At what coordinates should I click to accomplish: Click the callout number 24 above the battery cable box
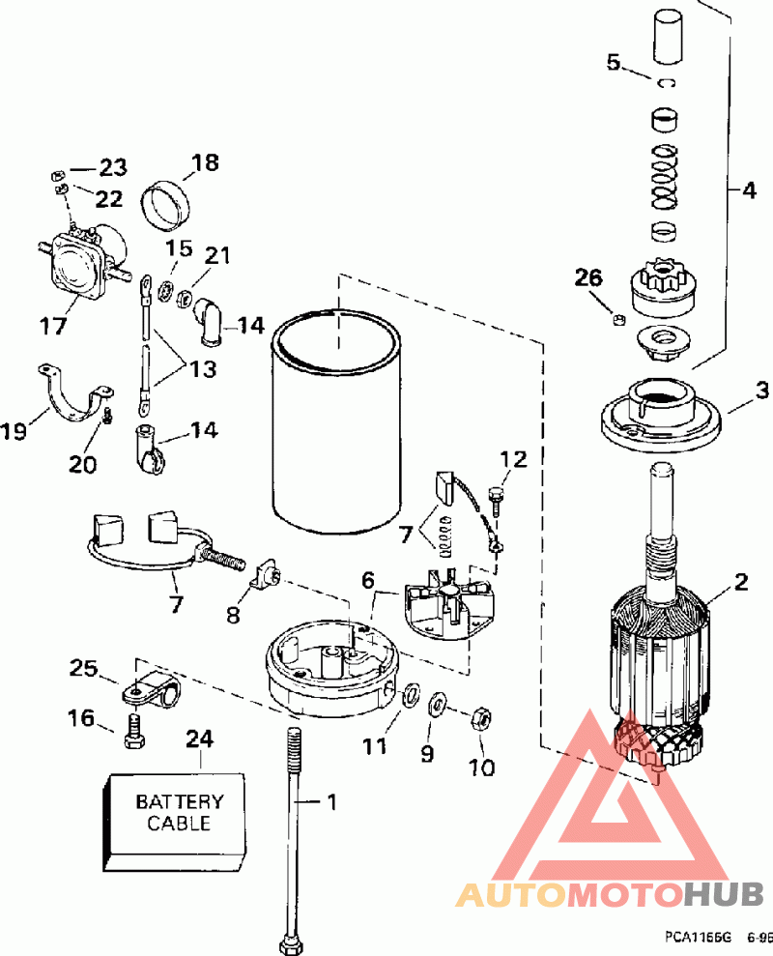tap(200, 739)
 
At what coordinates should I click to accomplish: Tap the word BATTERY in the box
tap(180, 800)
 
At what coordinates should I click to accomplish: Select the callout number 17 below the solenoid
tap(52, 326)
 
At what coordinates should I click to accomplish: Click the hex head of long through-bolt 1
tap(290, 944)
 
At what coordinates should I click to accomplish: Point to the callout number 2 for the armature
tap(740, 581)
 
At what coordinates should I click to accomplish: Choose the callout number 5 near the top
tap(614, 62)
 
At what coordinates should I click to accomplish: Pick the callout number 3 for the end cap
tap(762, 391)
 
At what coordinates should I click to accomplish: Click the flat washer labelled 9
tap(438, 706)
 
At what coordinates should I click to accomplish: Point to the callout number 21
tap(217, 255)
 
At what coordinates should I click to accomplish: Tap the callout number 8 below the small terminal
tap(234, 615)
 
